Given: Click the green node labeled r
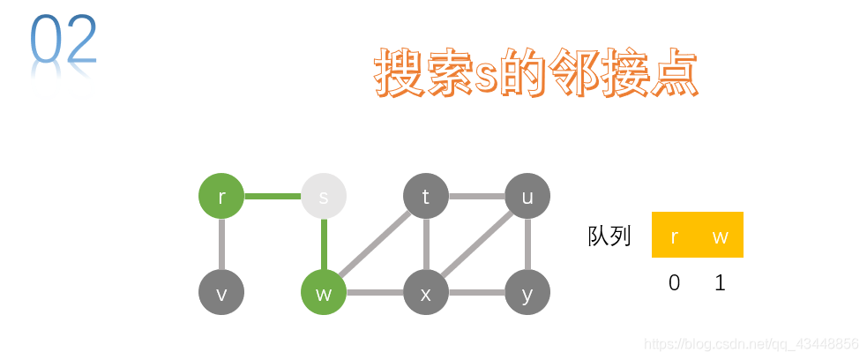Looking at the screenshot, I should click(221, 196).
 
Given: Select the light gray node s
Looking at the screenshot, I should click(324, 196).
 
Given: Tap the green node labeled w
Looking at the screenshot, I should click(324, 293).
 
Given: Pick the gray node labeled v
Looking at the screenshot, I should click(221, 293).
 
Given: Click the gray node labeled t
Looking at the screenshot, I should click(426, 196).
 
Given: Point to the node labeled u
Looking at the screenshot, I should click(527, 196).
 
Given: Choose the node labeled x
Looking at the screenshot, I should click(426, 293).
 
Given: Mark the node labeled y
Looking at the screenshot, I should click(527, 293).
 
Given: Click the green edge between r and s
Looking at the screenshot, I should click(273, 196).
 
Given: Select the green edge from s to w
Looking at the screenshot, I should click(324, 244).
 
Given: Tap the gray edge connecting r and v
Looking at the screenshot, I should click(221, 244).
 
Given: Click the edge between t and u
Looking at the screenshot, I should click(476, 196).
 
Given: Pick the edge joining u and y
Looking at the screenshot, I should click(527, 244).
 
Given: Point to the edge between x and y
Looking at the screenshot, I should click(476, 293).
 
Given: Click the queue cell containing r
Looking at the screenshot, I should click(675, 236).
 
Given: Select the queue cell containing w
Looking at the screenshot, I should click(721, 236).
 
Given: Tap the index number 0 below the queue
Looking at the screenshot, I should click(675, 283).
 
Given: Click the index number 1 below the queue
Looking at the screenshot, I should click(721, 283).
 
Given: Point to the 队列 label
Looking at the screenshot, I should click(609, 236).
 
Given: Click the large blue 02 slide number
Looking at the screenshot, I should click(64, 41).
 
